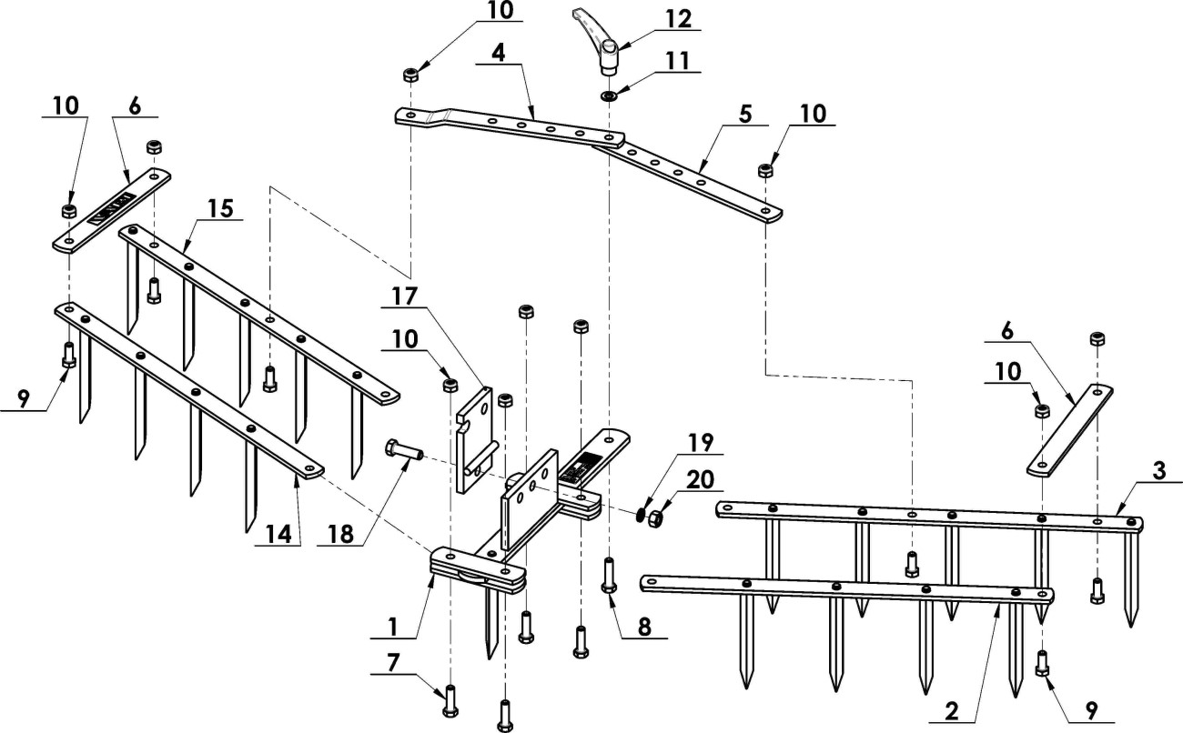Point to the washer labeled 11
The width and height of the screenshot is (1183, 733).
tap(606, 95)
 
